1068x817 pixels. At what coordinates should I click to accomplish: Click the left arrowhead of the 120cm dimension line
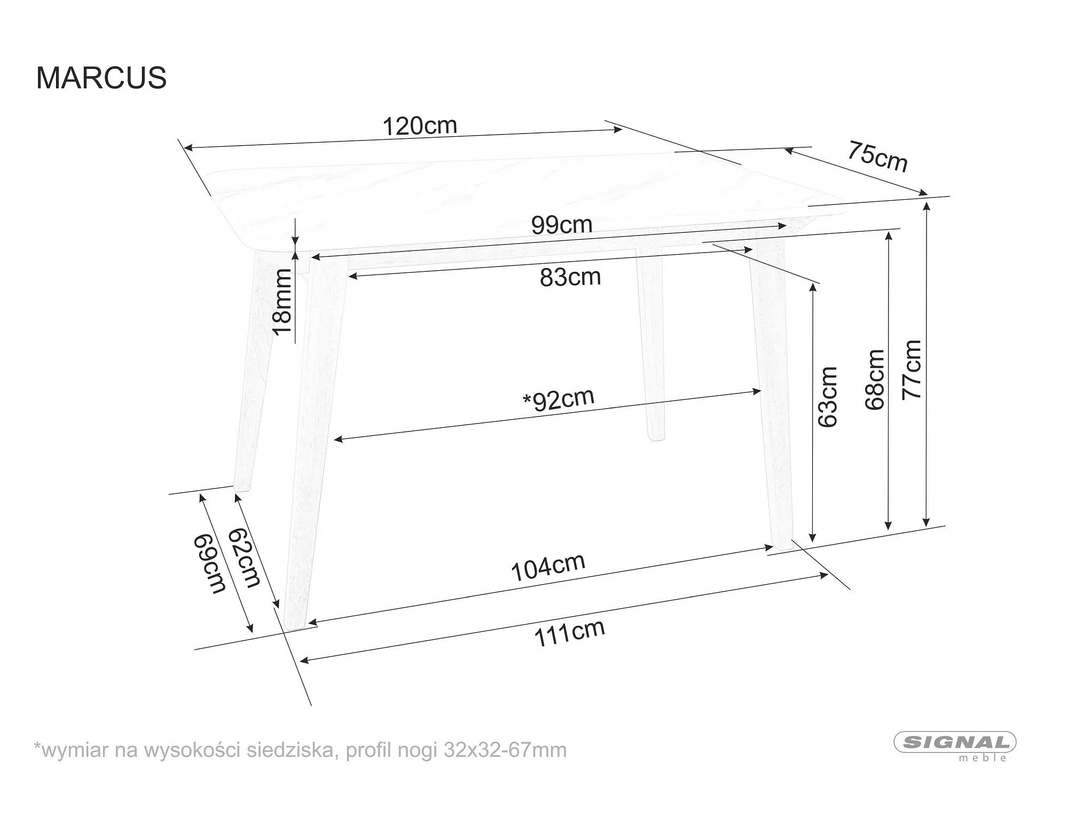pyautogui.click(x=188, y=148)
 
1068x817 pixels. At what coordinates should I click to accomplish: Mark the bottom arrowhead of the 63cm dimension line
pyautogui.click(x=813, y=536)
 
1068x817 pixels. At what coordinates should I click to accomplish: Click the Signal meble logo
pyautogui.click(x=955, y=745)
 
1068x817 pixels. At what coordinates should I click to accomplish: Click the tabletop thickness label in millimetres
pyautogui.click(x=282, y=302)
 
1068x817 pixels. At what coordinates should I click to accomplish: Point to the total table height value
pyautogui.click(x=912, y=370)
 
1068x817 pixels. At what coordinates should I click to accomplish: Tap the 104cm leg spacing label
pyautogui.click(x=548, y=567)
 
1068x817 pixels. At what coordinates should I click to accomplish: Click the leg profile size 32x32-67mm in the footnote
pyautogui.click(x=505, y=750)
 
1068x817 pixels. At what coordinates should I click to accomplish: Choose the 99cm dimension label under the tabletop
pyautogui.click(x=562, y=225)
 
